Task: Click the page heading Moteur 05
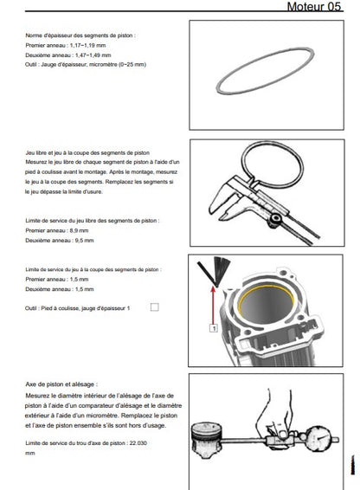point(314,7)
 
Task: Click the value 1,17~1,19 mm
point(87,45)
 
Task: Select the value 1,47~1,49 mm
point(93,55)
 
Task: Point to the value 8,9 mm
point(79,230)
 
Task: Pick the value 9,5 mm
point(85,241)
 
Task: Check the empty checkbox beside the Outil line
point(154,307)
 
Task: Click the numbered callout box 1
point(214,328)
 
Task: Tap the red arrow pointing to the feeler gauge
point(214,306)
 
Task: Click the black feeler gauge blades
point(215,270)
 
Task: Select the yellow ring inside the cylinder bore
point(266,301)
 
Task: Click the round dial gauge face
point(318,438)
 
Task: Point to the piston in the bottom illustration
point(207,440)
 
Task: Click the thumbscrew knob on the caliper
point(274,219)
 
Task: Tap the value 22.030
point(138,443)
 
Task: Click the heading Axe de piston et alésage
point(61,384)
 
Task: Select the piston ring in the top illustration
point(266,71)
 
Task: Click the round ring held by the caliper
point(273,164)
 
